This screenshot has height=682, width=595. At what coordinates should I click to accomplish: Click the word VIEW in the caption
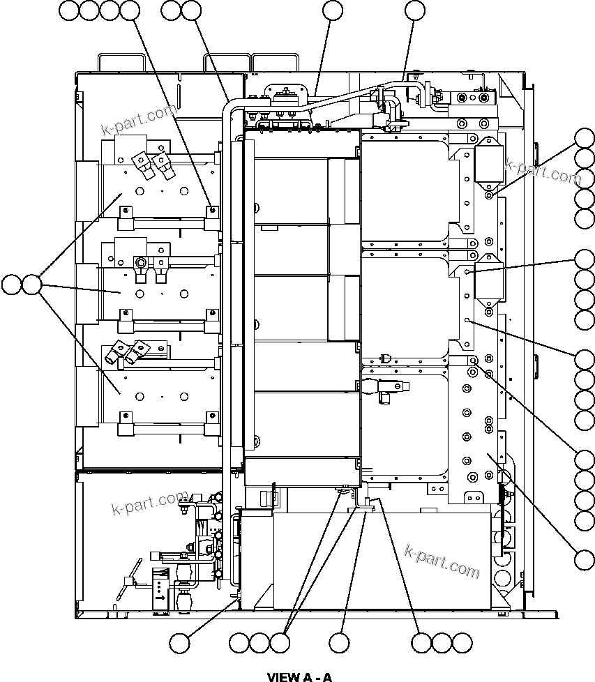point(282,676)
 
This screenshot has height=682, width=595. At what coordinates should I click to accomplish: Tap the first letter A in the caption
point(307,676)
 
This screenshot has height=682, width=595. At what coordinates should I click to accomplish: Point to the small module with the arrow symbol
point(160,589)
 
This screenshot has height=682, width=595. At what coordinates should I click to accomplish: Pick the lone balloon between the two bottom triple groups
point(340,642)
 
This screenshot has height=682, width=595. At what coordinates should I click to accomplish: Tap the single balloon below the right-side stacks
point(585,559)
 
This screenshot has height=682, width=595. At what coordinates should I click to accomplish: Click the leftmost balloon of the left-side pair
point(11,285)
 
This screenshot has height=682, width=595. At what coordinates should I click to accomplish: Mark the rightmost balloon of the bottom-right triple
point(462,642)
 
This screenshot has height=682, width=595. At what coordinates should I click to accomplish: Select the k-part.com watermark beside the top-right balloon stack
point(543,172)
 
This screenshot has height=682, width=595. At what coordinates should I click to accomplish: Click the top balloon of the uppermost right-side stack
point(585,138)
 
